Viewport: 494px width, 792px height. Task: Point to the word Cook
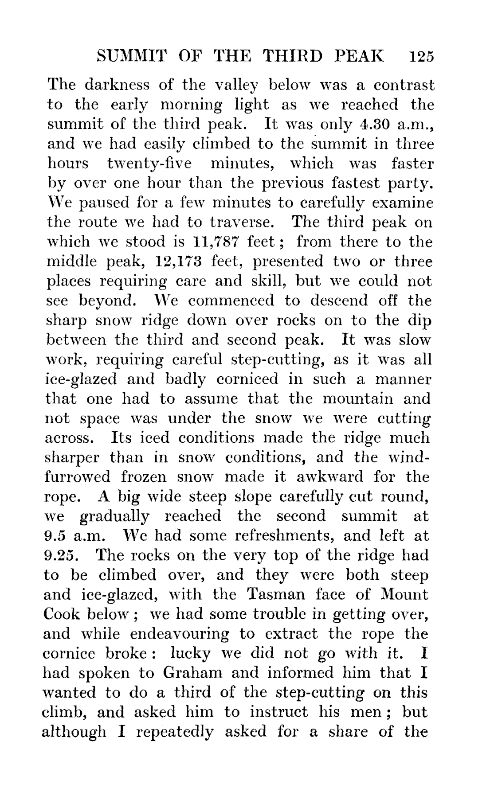coord(62,614)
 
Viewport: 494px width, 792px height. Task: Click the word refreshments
coord(284,536)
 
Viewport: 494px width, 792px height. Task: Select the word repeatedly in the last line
coord(175,731)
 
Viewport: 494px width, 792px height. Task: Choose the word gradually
coord(115,516)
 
